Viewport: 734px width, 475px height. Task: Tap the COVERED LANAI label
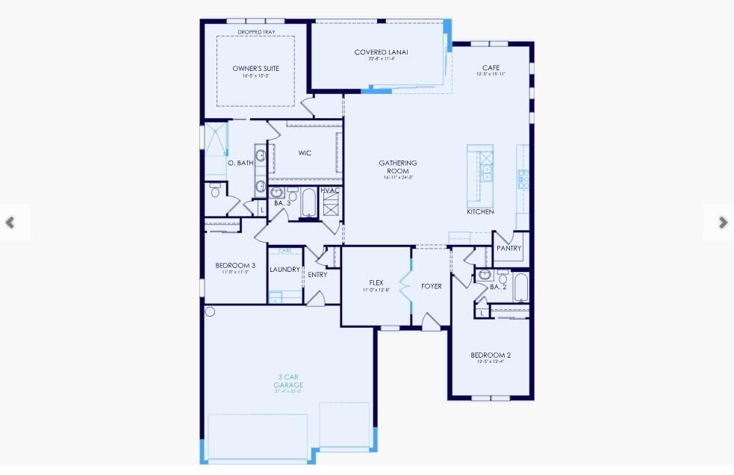[x=381, y=52]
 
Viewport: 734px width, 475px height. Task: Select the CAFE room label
[x=491, y=68]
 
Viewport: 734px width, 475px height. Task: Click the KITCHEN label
[x=480, y=212]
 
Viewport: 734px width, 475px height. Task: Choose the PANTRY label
[x=508, y=248]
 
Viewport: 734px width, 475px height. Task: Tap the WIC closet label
[x=305, y=153]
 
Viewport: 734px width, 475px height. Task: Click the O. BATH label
[x=240, y=162]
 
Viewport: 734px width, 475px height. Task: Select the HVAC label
[x=330, y=190]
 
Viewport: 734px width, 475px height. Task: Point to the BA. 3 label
[x=282, y=203]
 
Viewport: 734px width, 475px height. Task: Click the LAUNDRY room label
[x=284, y=270]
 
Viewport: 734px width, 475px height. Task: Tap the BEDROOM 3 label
[x=235, y=265]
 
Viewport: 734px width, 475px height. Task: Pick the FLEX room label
[x=376, y=282]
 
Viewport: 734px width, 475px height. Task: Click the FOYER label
[x=432, y=286]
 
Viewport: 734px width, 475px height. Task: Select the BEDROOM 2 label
[x=491, y=355]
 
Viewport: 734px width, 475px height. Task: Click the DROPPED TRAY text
[x=254, y=32]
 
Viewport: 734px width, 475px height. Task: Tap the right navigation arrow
[x=722, y=222]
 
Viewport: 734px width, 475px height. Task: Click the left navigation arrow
[x=10, y=223]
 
